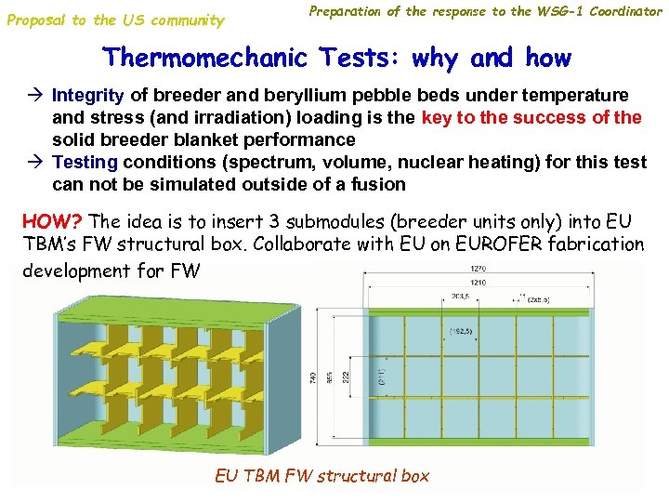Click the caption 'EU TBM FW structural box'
321,476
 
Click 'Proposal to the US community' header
115,20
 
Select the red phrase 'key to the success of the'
531,118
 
